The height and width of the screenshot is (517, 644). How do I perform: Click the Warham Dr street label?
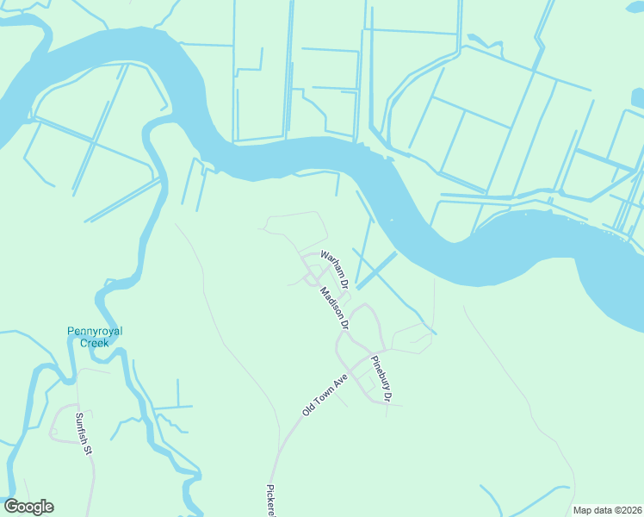(334, 269)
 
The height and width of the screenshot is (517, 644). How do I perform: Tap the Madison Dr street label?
(333, 308)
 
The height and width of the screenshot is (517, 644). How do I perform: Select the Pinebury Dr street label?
(381, 379)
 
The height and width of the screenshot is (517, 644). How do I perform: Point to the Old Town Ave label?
(325, 395)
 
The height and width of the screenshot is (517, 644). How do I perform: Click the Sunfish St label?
(84, 434)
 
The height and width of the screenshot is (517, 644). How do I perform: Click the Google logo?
(28, 507)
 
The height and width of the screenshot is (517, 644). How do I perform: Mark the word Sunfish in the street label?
(82, 428)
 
